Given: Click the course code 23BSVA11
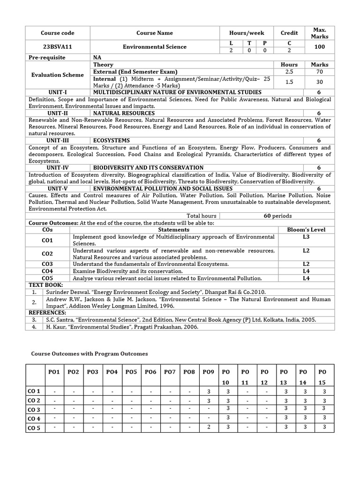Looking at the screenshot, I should tap(57, 47).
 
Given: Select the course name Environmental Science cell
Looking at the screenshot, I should tap(155, 47).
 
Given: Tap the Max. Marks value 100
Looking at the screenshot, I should tap(319, 47).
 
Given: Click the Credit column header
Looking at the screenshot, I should tap(289, 33).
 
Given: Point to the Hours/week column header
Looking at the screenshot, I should tap(247, 33).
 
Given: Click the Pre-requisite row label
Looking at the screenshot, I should tap(47, 57).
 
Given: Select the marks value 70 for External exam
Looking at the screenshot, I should tap(319, 72).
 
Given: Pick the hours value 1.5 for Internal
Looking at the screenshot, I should tap(289, 82).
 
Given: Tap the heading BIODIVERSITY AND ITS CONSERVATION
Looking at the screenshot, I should tap(148, 167).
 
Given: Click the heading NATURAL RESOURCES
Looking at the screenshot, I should tap(124, 113).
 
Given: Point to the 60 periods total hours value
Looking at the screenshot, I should tap(277, 216).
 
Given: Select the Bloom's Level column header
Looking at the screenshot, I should tap(306, 230).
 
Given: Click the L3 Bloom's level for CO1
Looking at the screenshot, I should tap(306, 237).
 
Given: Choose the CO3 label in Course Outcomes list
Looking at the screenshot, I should tap(47, 264).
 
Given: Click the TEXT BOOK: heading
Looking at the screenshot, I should tap(45, 285).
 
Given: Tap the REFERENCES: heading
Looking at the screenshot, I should tap(47, 312).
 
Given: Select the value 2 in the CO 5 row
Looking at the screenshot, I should tap(209, 427).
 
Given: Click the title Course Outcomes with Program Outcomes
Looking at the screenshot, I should tap(89, 353).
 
